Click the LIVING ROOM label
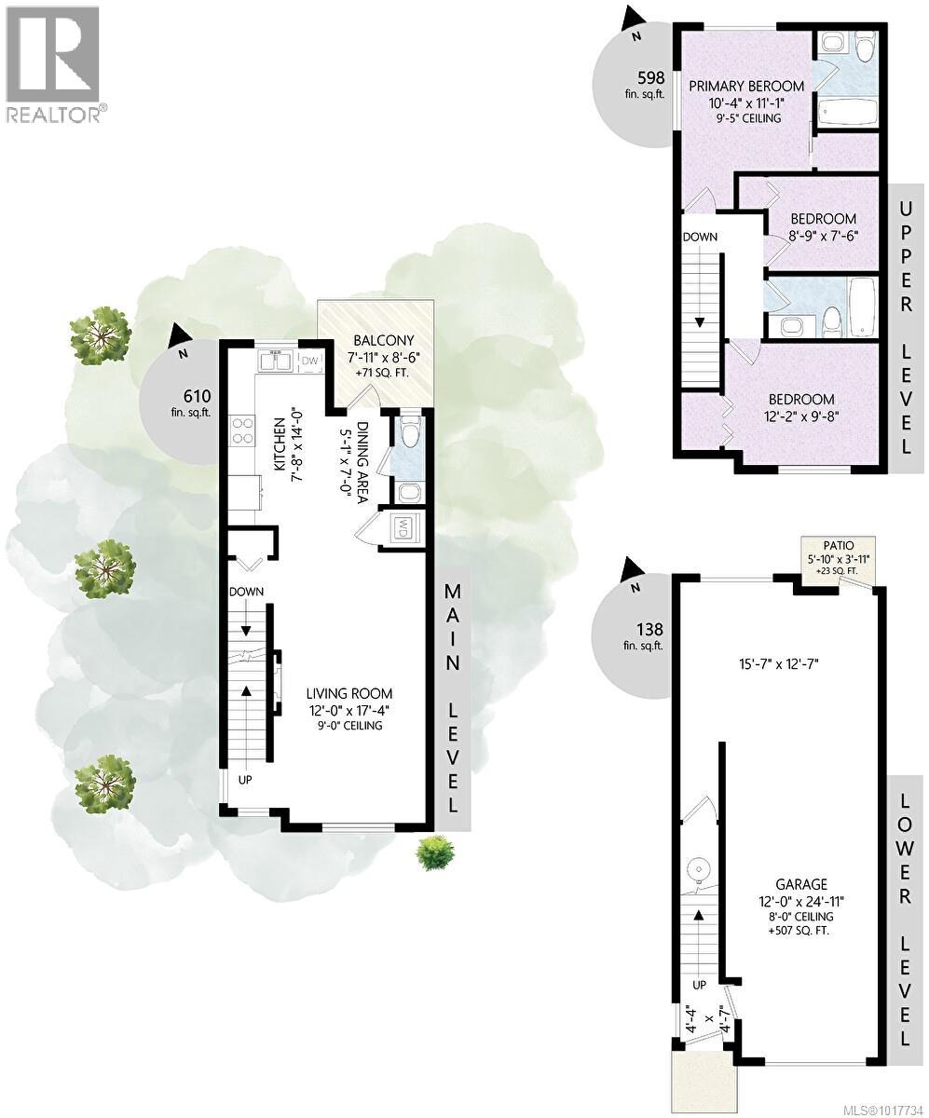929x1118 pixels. tap(349, 693)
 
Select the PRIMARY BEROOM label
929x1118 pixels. tap(746, 87)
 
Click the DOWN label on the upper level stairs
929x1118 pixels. tap(700, 237)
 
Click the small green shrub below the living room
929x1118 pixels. tap(434, 851)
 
